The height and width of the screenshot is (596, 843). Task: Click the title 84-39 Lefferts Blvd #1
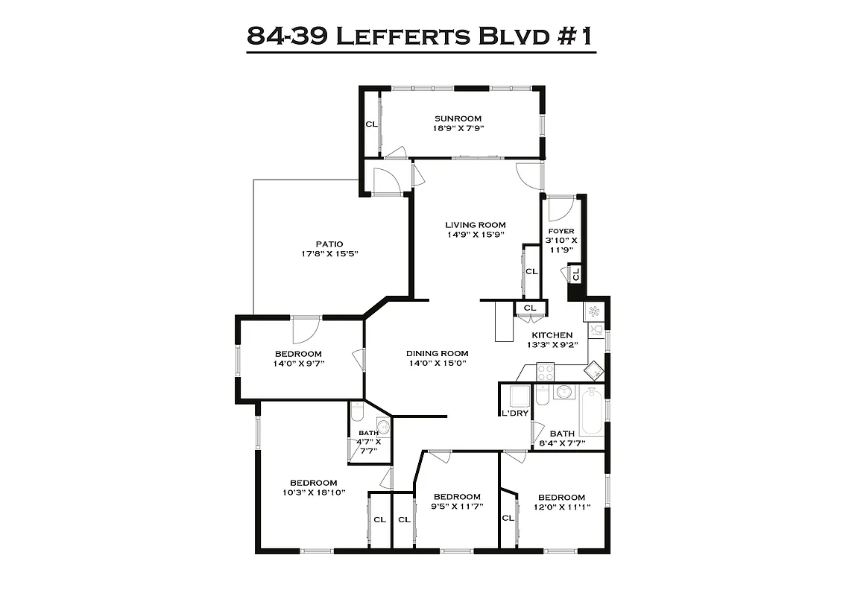[421, 35]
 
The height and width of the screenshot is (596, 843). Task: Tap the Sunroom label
[458, 118]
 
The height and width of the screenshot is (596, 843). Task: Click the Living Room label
[476, 225]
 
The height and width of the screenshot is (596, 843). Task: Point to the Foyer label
[561, 231]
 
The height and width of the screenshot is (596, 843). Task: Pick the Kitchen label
[552, 335]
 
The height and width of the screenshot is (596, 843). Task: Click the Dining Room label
[437, 353]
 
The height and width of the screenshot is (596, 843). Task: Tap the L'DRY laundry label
[514, 413]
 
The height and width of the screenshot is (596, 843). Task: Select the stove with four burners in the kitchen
[545, 372]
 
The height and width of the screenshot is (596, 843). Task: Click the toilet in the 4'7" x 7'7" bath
[357, 410]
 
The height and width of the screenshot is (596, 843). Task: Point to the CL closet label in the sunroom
[370, 124]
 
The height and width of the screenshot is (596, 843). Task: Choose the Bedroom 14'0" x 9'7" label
[298, 354]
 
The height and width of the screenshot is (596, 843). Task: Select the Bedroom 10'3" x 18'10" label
[313, 483]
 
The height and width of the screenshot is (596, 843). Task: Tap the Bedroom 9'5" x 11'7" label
[457, 497]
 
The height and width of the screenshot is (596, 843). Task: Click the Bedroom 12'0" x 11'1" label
[561, 498]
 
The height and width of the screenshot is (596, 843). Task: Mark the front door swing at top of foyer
[559, 208]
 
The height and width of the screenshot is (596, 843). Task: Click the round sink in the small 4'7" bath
[382, 427]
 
